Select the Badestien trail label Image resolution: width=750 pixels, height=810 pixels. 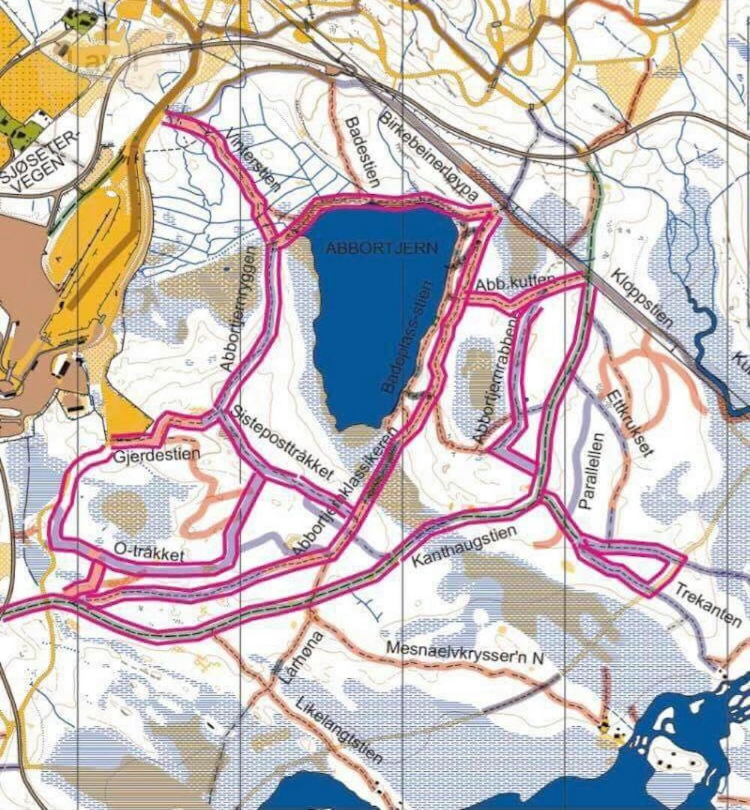[x=362, y=151]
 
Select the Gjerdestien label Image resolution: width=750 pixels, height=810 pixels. [x=148, y=455]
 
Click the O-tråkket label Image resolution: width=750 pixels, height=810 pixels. [x=149, y=551]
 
